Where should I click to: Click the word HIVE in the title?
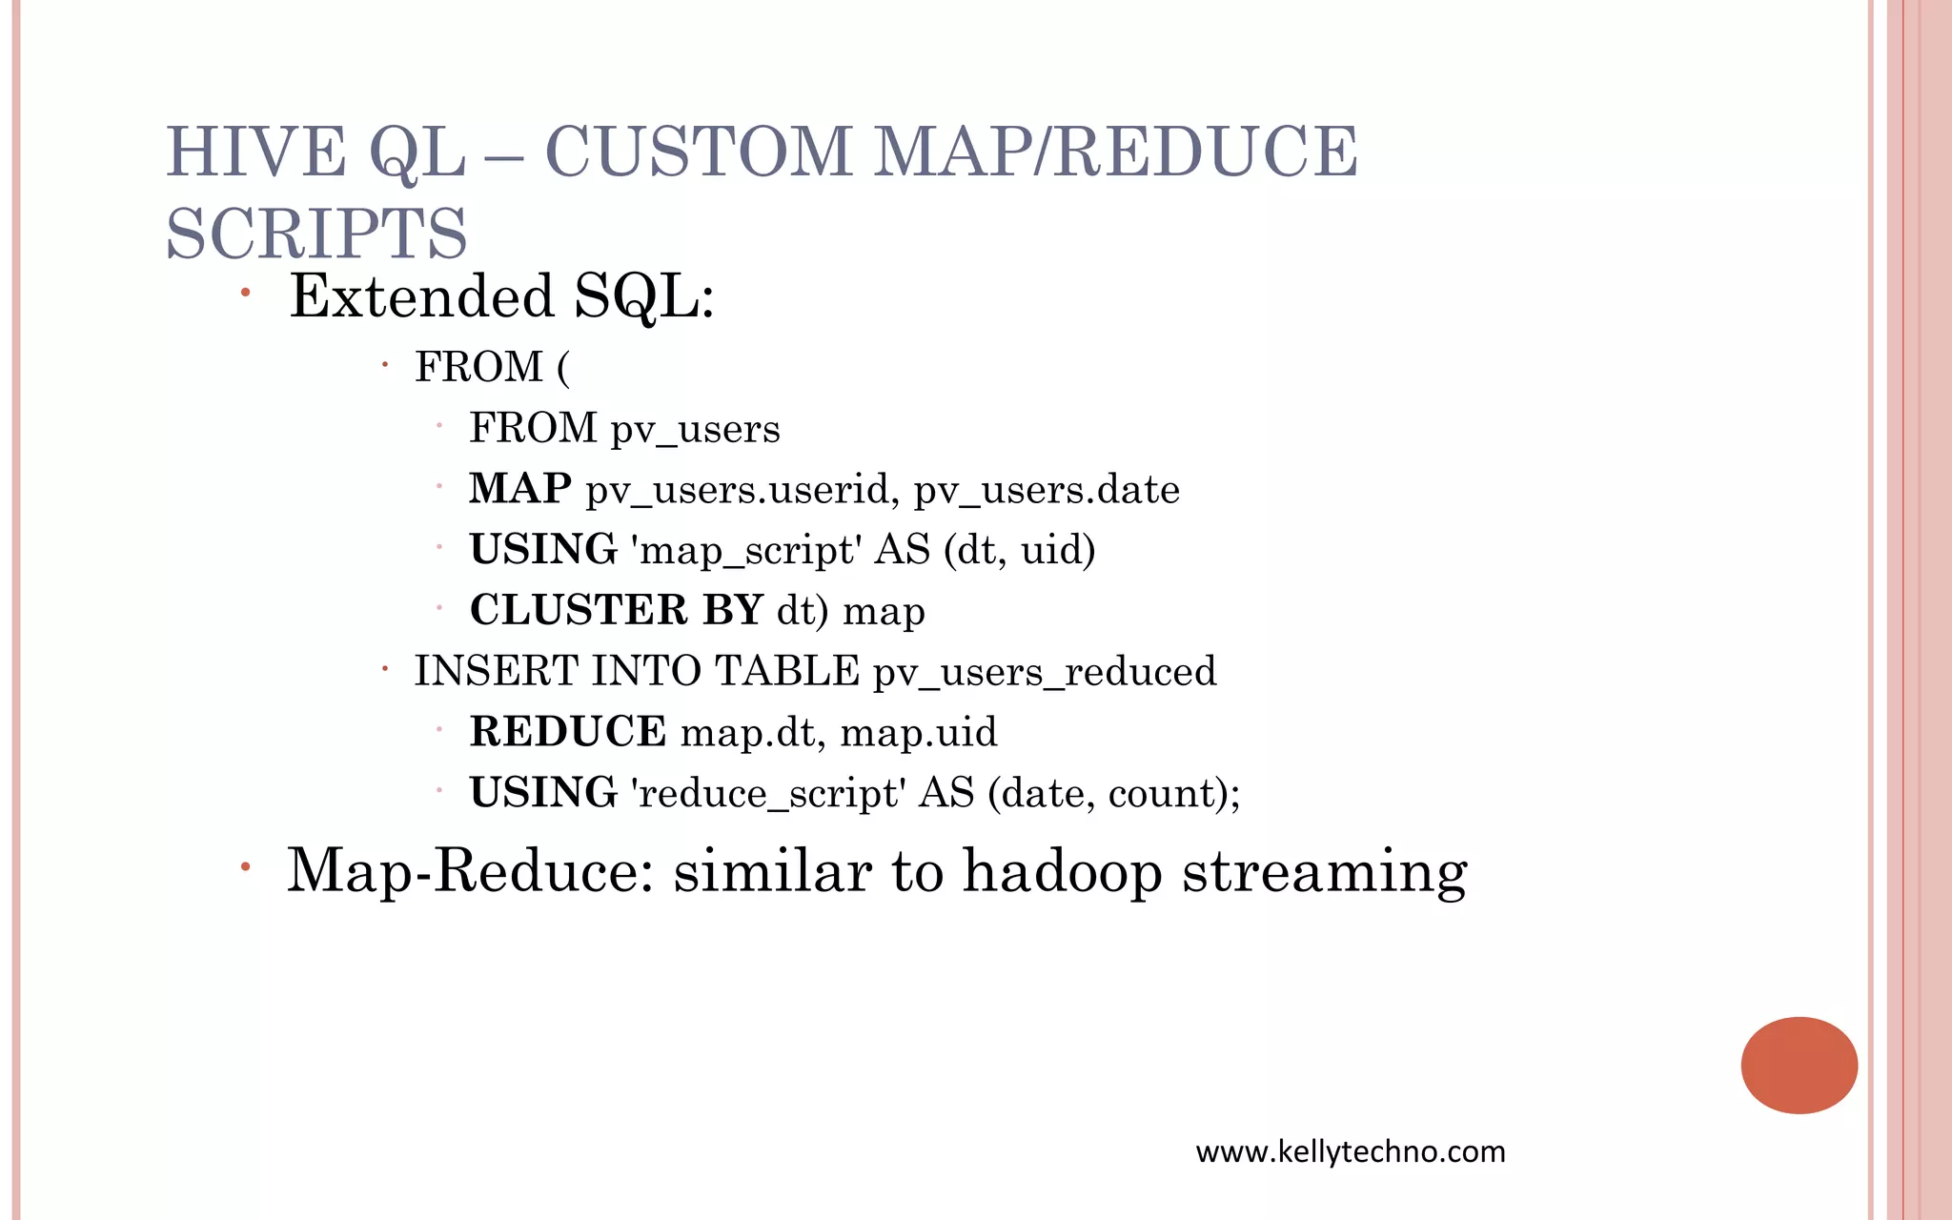point(255,152)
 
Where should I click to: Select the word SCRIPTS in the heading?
point(316,234)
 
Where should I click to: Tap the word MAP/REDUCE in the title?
point(1115,152)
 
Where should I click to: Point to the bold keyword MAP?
point(520,489)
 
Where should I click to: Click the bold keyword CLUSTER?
point(579,610)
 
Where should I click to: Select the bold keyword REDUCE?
point(568,732)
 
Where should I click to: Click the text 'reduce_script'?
point(768,793)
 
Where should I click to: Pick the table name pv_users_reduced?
point(1045,672)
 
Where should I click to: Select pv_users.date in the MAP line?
point(1047,490)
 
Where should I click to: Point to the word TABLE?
point(787,671)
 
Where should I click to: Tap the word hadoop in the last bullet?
point(1062,871)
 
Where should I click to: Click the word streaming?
point(1325,873)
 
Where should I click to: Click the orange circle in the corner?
point(1799,1065)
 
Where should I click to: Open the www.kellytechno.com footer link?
point(1351,1151)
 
